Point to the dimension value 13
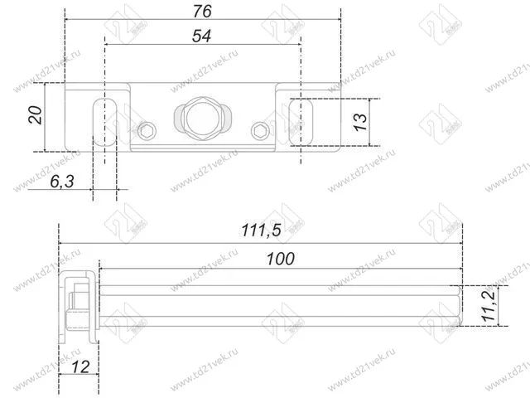coord(359,121)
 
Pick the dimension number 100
coord(281,259)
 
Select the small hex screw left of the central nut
coord(148,129)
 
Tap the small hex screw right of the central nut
coord(261,129)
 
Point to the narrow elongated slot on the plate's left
coord(99,123)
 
